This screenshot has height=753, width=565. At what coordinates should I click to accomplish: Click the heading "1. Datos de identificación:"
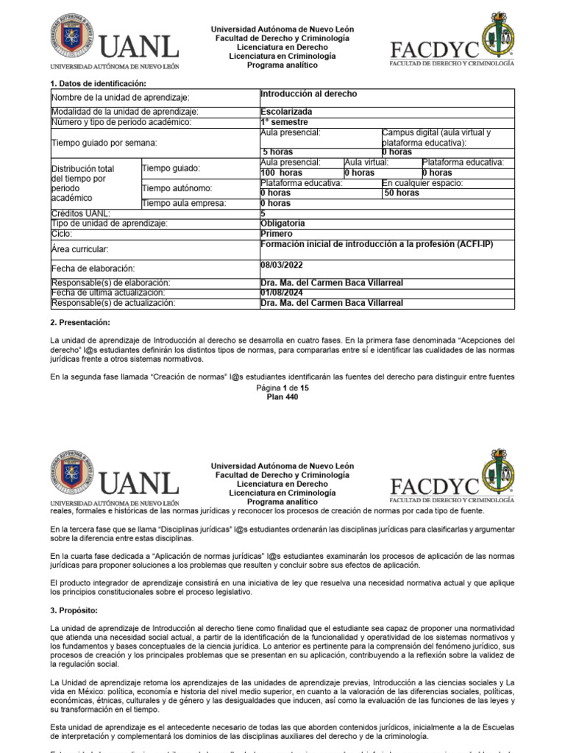click(x=98, y=84)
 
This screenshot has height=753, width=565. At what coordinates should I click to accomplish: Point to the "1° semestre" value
click(x=284, y=122)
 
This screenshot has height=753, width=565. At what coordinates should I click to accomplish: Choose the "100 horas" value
click(x=281, y=172)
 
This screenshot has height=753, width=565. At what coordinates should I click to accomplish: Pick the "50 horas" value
click(x=402, y=193)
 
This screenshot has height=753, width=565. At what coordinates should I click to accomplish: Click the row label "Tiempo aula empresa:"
click(x=184, y=203)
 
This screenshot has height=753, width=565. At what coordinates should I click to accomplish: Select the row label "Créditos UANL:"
click(x=80, y=213)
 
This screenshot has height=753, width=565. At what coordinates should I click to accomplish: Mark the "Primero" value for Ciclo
click(x=277, y=233)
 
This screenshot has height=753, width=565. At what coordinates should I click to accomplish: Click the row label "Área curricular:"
click(x=80, y=250)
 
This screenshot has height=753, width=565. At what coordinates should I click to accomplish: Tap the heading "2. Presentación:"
click(x=79, y=323)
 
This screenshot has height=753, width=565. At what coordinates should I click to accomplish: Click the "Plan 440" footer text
click(x=282, y=396)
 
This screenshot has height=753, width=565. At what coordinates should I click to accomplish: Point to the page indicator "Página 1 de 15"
click(x=282, y=387)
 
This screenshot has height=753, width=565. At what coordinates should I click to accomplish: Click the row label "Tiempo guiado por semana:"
click(x=103, y=142)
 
